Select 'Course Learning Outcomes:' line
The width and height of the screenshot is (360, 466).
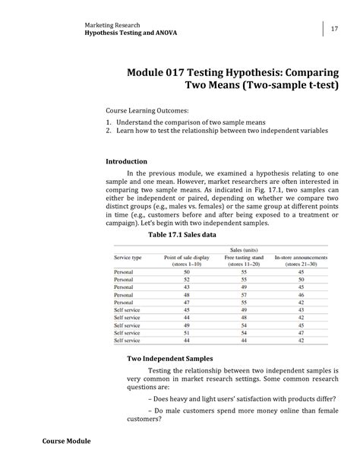pyautogui.click(x=147, y=110)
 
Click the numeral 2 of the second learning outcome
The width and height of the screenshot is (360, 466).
pyautogui.click(x=109, y=131)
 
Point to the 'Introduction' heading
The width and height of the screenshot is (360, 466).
pyautogui.click(x=126, y=161)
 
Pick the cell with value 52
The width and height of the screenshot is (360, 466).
pyautogui.click(x=187, y=280)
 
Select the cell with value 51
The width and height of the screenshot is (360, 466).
pyautogui.click(x=187, y=333)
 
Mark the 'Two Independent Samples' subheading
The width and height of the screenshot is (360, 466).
pyautogui.click(x=169, y=358)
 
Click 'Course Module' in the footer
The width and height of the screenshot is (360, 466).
pyautogui.click(x=66, y=441)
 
